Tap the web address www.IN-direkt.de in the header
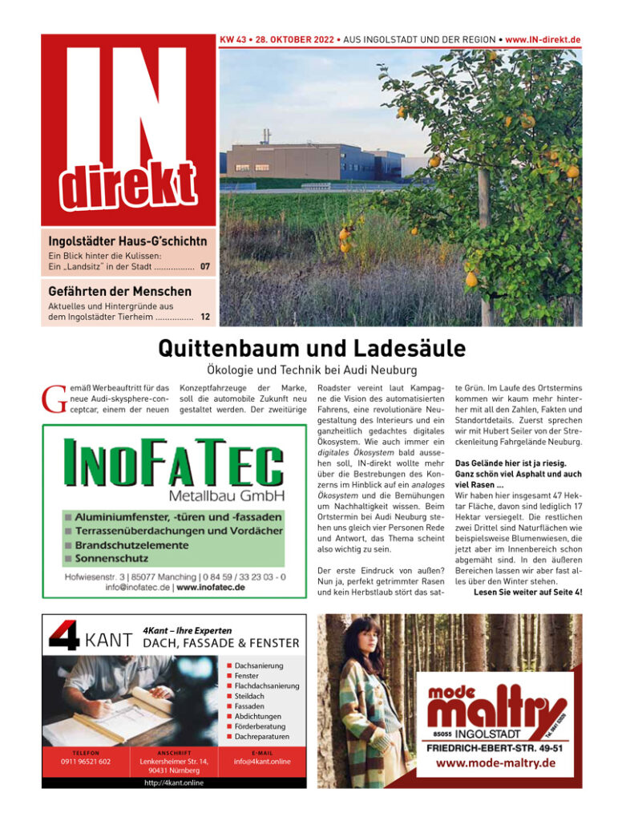[x=543, y=39]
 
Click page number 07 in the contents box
[x=205, y=266]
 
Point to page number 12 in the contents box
[x=205, y=317]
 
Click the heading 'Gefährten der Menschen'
[x=119, y=291]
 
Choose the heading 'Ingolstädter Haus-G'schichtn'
[x=127, y=241]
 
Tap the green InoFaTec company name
[x=173, y=463]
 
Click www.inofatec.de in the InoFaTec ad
[x=211, y=587]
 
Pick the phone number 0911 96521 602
[x=86, y=762]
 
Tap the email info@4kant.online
[x=262, y=762]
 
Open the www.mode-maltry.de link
[x=495, y=762]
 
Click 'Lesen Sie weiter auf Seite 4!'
[x=528, y=592]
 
